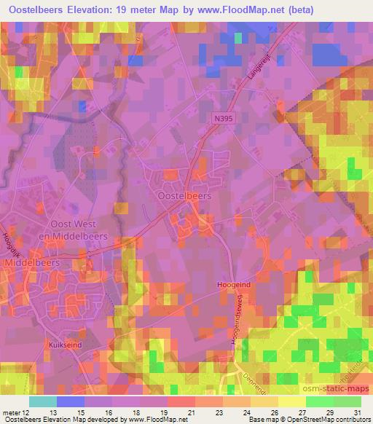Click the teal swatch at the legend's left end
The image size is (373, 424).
pos(42,401)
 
